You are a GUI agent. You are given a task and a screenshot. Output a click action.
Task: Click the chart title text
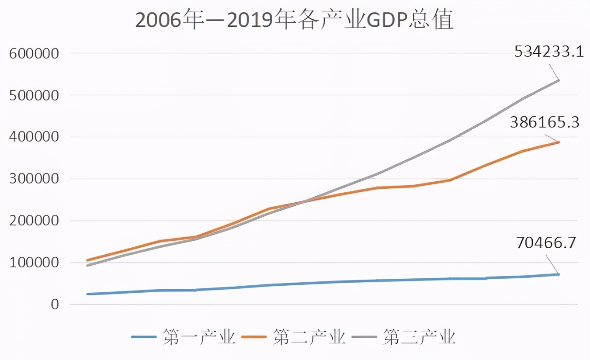(x=294, y=21)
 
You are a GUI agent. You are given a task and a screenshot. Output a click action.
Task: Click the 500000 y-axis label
(x=34, y=95)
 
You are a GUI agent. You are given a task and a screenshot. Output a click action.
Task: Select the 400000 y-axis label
(x=34, y=137)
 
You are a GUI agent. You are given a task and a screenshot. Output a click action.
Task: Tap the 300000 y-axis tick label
(x=34, y=179)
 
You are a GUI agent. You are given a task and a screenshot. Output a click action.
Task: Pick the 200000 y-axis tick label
(x=34, y=221)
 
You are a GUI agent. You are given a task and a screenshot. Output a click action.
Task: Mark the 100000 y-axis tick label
(x=34, y=263)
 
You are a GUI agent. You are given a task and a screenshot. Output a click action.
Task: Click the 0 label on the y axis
(x=54, y=305)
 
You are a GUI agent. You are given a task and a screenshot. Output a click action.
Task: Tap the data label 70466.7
(x=546, y=243)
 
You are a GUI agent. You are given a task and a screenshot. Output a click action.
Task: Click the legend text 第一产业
(x=199, y=337)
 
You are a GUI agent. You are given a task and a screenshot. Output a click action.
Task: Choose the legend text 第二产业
(x=309, y=337)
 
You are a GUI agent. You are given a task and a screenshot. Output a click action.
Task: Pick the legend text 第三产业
(x=420, y=337)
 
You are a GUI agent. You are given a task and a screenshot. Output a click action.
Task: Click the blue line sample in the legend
(x=144, y=337)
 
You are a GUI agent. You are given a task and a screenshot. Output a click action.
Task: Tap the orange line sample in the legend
(x=254, y=337)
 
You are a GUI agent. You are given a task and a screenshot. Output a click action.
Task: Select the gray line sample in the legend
(x=364, y=337)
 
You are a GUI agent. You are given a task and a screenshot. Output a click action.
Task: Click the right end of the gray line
(x=559, y=80)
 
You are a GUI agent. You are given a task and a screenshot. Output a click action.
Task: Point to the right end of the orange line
(x=559, y=142)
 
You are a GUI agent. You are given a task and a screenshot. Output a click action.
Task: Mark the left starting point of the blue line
(x=87, y=294)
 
